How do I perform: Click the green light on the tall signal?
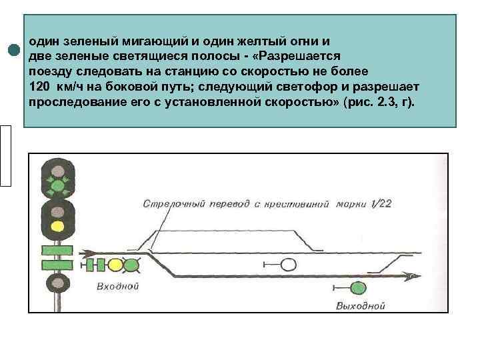(x=58, y=185)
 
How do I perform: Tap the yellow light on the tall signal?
(x=58, y=226)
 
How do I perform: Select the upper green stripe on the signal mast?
(x=57, y=251)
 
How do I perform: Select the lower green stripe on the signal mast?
(x=57, y=265)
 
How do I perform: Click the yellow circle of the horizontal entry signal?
(x=115, y=265)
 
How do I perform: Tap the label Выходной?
(x=361, y=306)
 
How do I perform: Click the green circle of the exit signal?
(x=359, y=289)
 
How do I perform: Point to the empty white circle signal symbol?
(x=288, y=265)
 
